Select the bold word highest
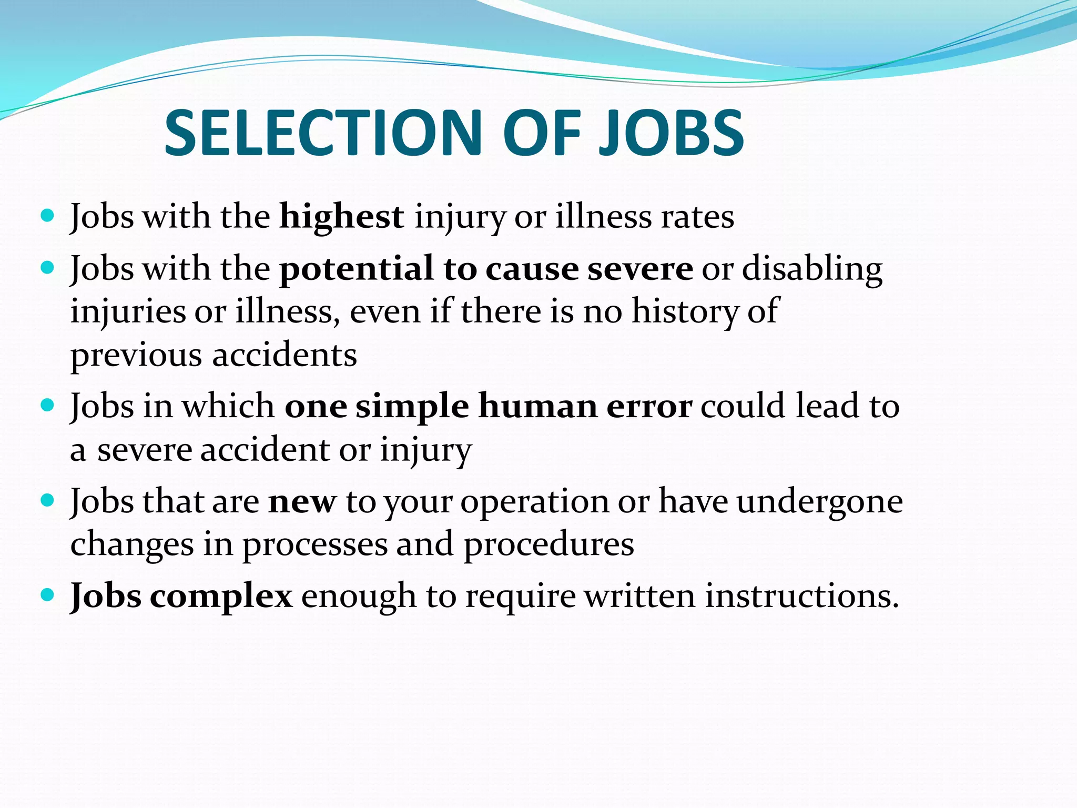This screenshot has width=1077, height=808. [x=342, y=216]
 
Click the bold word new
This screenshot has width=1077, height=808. [x=302, y=501]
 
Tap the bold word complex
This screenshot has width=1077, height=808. [x=221, y=597]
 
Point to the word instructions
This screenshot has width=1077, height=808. [x=801, y=596]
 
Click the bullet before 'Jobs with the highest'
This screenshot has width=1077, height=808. [x=47, y=216]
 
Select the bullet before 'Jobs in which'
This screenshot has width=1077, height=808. [x=47, y=405]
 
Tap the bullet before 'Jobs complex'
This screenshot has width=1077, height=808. [x=47, y=595]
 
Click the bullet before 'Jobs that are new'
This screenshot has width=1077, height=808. [x=47, y=500]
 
